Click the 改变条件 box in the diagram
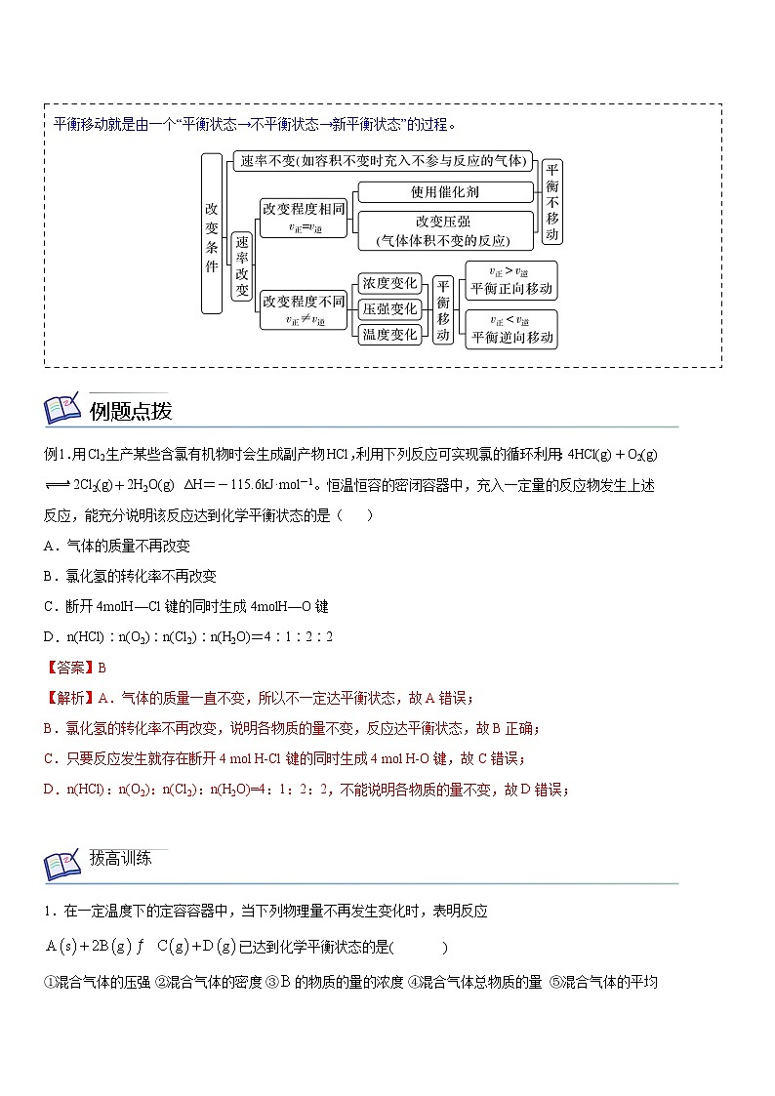pos(213,232)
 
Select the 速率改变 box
pos(242,267)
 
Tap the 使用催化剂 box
pos(445,192)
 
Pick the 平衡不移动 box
pos(552,202)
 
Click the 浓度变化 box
pos(390,284)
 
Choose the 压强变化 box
pos(390,309)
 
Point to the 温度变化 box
pos(390,335)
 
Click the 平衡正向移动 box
pos(511,280)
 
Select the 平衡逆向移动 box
pos(511,329)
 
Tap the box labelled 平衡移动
pos(443,309)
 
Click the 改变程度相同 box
pos(304,217)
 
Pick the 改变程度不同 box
pos(304,309)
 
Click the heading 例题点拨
pos(131,411)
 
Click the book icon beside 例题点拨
pos(64,411)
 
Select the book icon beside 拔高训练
pos(64,865)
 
